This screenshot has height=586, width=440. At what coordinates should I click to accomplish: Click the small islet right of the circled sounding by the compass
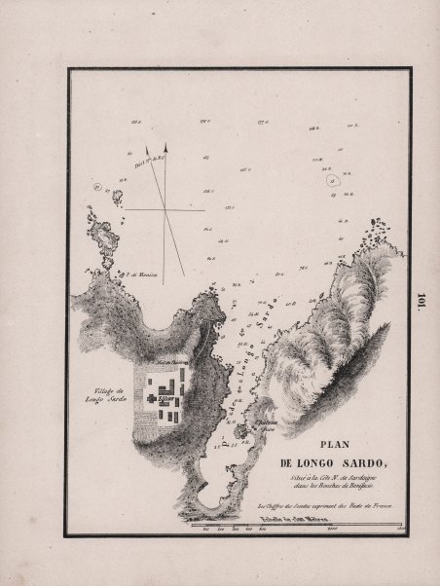pyautogui.click(x=118, y=197)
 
